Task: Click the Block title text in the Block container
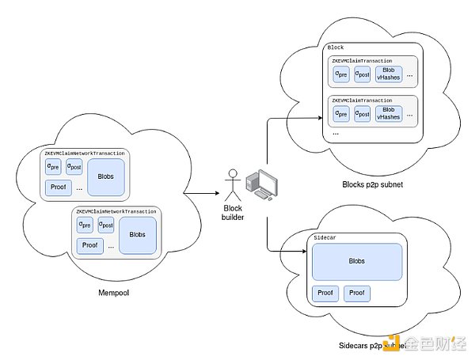click(336, 48)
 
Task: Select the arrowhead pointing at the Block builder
click(217, 193)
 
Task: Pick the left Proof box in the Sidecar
click(325, 294)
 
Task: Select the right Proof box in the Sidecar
click(357, 294)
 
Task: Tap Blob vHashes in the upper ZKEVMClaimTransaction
click(389, 74)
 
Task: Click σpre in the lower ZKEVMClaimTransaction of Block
click(341, 114)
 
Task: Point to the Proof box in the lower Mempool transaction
click(90, 244)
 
